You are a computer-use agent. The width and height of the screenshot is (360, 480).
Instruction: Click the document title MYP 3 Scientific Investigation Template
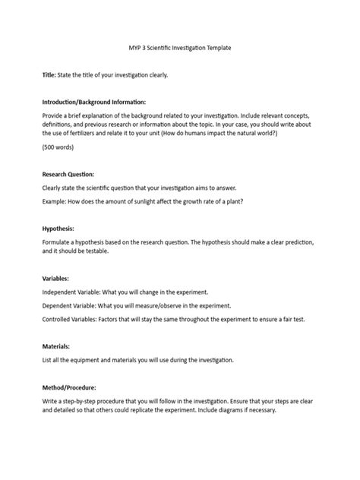(180, 47)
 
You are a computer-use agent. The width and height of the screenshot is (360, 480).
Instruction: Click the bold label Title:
(49, 77)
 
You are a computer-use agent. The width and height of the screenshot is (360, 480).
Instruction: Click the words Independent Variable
(74, 292)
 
